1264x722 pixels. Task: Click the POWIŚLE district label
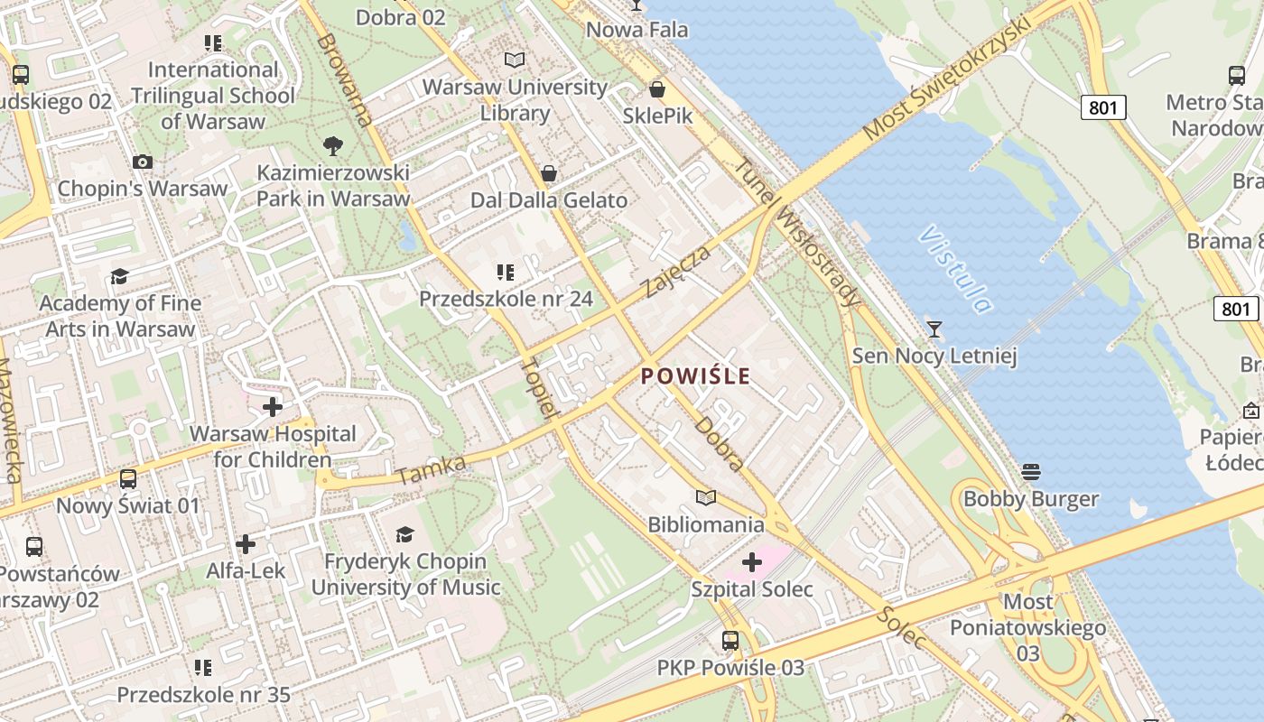695,375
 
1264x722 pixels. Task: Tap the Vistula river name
955,270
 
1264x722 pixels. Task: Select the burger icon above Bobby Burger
1031,472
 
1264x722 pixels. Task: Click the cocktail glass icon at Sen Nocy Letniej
934,329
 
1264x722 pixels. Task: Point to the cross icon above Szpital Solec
751,563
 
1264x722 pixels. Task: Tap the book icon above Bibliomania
706,497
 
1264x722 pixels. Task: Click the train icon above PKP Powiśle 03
730,641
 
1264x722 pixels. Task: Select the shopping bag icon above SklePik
657,89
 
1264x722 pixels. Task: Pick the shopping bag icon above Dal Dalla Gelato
548,173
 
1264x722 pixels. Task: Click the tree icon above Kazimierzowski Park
332,145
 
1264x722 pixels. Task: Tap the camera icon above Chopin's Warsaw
142,162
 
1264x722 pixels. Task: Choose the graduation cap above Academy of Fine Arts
119,276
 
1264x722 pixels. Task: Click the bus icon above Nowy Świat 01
128,478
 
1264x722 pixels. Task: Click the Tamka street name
431,470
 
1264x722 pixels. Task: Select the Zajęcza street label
677,270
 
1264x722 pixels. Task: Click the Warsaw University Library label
515,99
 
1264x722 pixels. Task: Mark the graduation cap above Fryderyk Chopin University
404,534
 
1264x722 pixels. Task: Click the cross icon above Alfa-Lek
246,544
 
